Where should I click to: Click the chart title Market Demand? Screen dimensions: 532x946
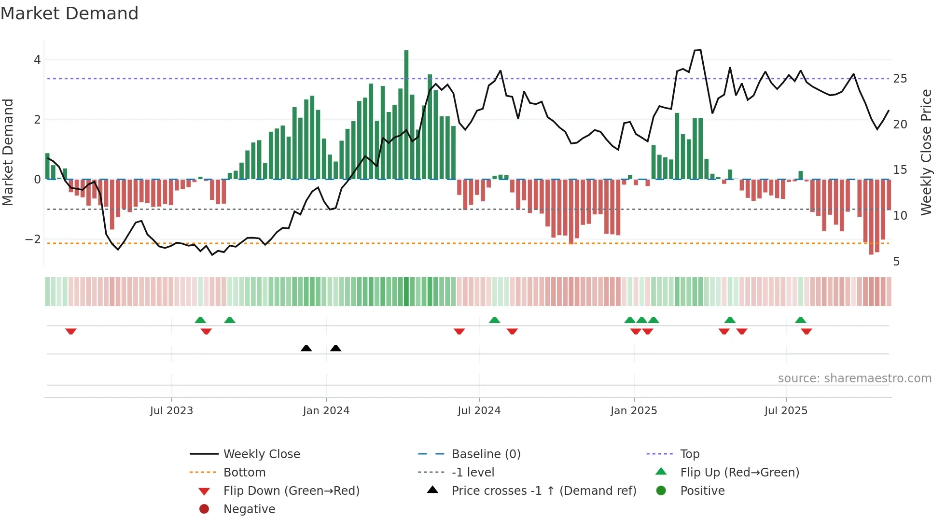[70, 14]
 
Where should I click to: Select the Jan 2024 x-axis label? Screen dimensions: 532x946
[326, 411]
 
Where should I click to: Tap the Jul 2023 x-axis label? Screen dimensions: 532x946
[171, 411]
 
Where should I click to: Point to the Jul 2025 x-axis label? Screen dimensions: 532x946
[786, 411]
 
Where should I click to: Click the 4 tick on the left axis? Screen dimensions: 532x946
[37, 60]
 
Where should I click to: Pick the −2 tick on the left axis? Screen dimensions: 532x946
[33, 239]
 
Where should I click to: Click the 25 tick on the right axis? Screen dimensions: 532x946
[900, 79]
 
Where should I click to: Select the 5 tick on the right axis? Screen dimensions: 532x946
[896, 262]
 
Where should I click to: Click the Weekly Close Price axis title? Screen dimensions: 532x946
[926, 152]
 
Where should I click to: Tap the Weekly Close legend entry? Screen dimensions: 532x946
[261, 454]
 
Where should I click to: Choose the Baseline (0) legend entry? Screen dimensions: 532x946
[486, 454]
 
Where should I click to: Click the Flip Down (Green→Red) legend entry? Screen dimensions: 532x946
[291, 491]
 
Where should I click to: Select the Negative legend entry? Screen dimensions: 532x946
[249, 509]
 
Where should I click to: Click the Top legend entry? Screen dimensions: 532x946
[690, 454]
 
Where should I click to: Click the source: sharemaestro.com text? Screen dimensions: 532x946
[854, 378]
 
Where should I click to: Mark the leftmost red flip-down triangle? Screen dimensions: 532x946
[71, 331]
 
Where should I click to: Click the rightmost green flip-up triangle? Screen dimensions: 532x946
[800, 320]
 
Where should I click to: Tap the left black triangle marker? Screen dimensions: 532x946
[306, 348]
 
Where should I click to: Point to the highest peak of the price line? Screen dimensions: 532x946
[697, 50]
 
